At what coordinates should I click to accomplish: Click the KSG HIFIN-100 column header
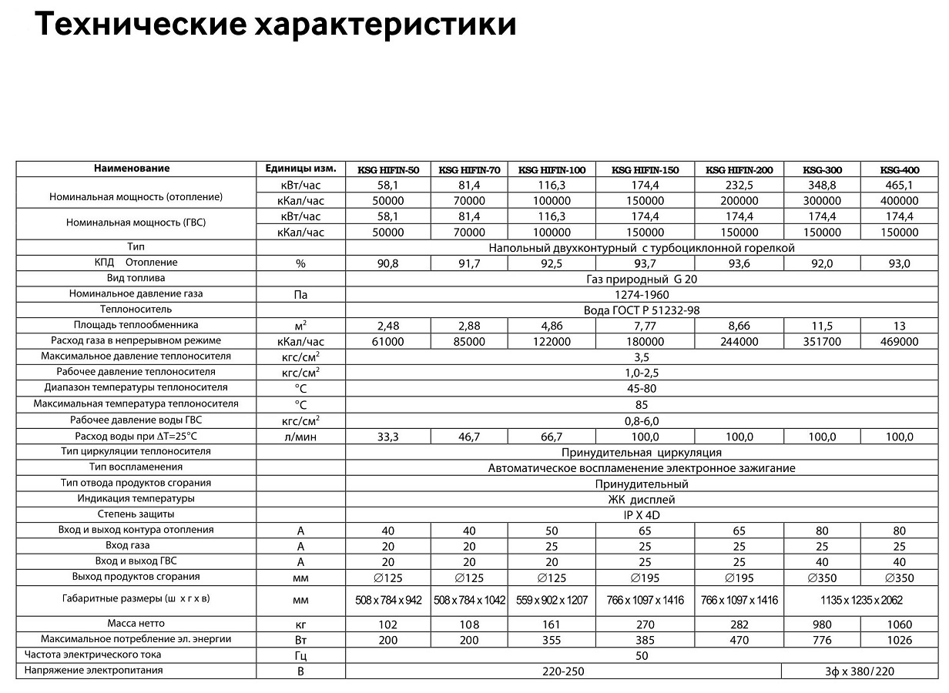pos(552,170)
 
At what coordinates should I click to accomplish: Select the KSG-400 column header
pos(899,170)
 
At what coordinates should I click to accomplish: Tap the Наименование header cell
pos(132,169)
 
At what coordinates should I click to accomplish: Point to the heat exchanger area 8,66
pos(739,326)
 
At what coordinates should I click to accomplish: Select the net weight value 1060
pos(899,624)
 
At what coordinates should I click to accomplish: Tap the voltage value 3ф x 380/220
pos(857,671)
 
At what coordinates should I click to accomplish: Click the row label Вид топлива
pos(136,278)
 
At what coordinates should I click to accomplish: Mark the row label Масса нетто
pos(136,624)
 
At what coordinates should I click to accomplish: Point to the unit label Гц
pos(300,656)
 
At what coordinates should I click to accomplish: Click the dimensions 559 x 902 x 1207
pos(552,600)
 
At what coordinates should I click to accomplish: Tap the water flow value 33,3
pos(387,437)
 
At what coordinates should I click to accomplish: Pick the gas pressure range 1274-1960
pos(642,295)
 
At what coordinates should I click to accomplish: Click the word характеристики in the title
pos(386,25)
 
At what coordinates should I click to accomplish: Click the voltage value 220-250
pos(562,671)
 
